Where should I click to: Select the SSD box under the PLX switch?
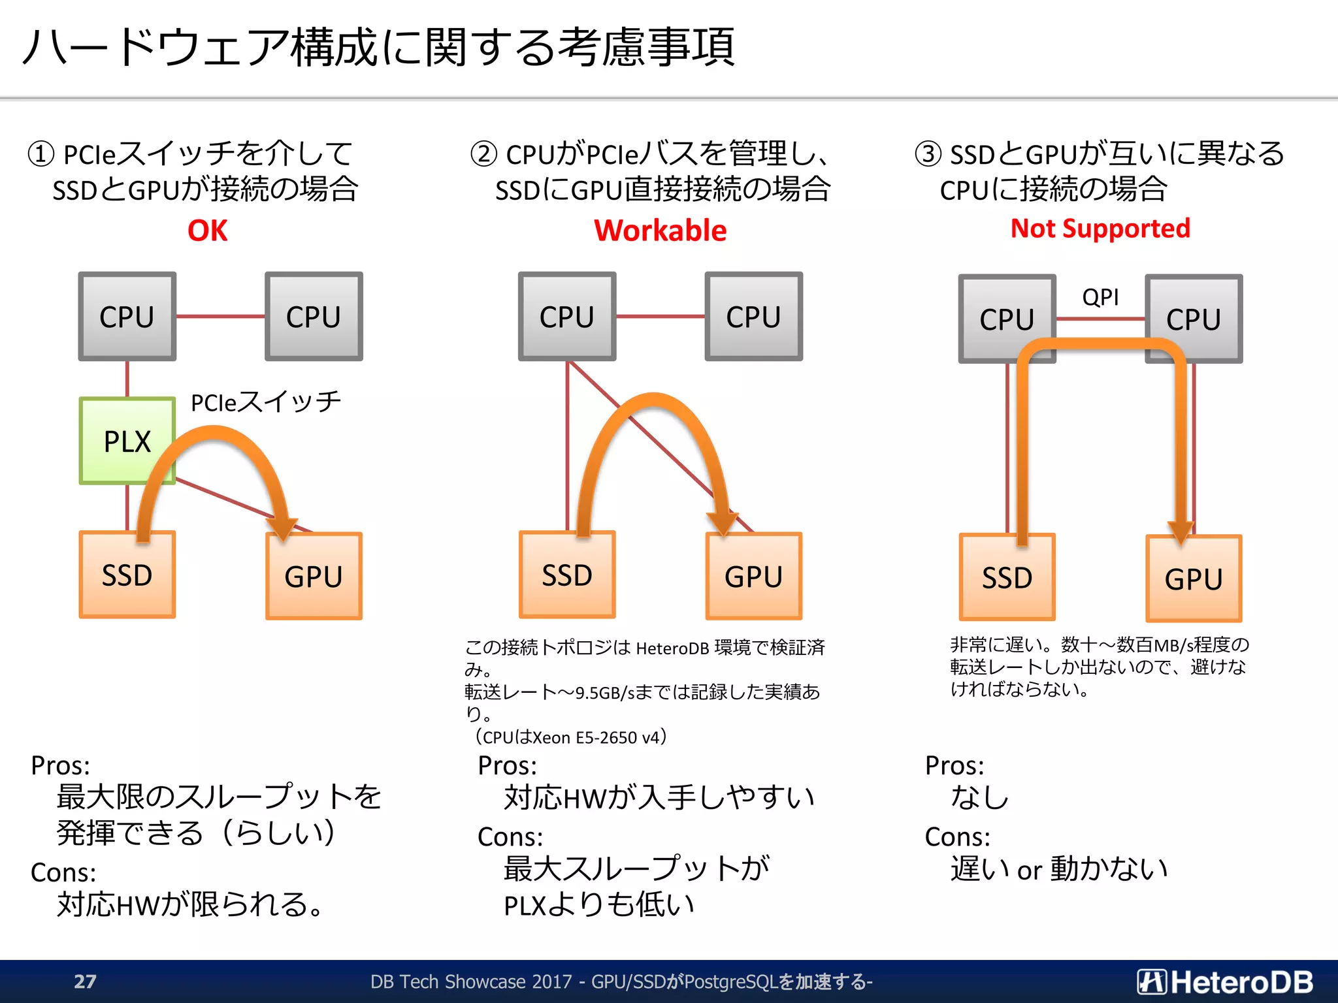click(127, 575)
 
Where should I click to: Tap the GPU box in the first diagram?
click(314, 577)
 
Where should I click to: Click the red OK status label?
click(207, 231)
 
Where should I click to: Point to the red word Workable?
click(660, 231)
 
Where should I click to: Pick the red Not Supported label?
click(1100, 229)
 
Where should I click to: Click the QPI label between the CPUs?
click(1100, 297)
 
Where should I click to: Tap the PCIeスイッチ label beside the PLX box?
click(265, 402)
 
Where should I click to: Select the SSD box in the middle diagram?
click(566, 575)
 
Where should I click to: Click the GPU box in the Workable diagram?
click(753, 577)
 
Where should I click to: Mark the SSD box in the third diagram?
click(1007, 578)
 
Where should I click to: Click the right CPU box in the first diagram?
click(314, 317)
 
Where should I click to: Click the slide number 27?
click(85, 981)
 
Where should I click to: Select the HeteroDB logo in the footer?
click(1224, 981)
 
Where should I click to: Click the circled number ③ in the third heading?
click(928, 154)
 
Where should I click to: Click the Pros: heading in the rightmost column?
click(954, 765)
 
